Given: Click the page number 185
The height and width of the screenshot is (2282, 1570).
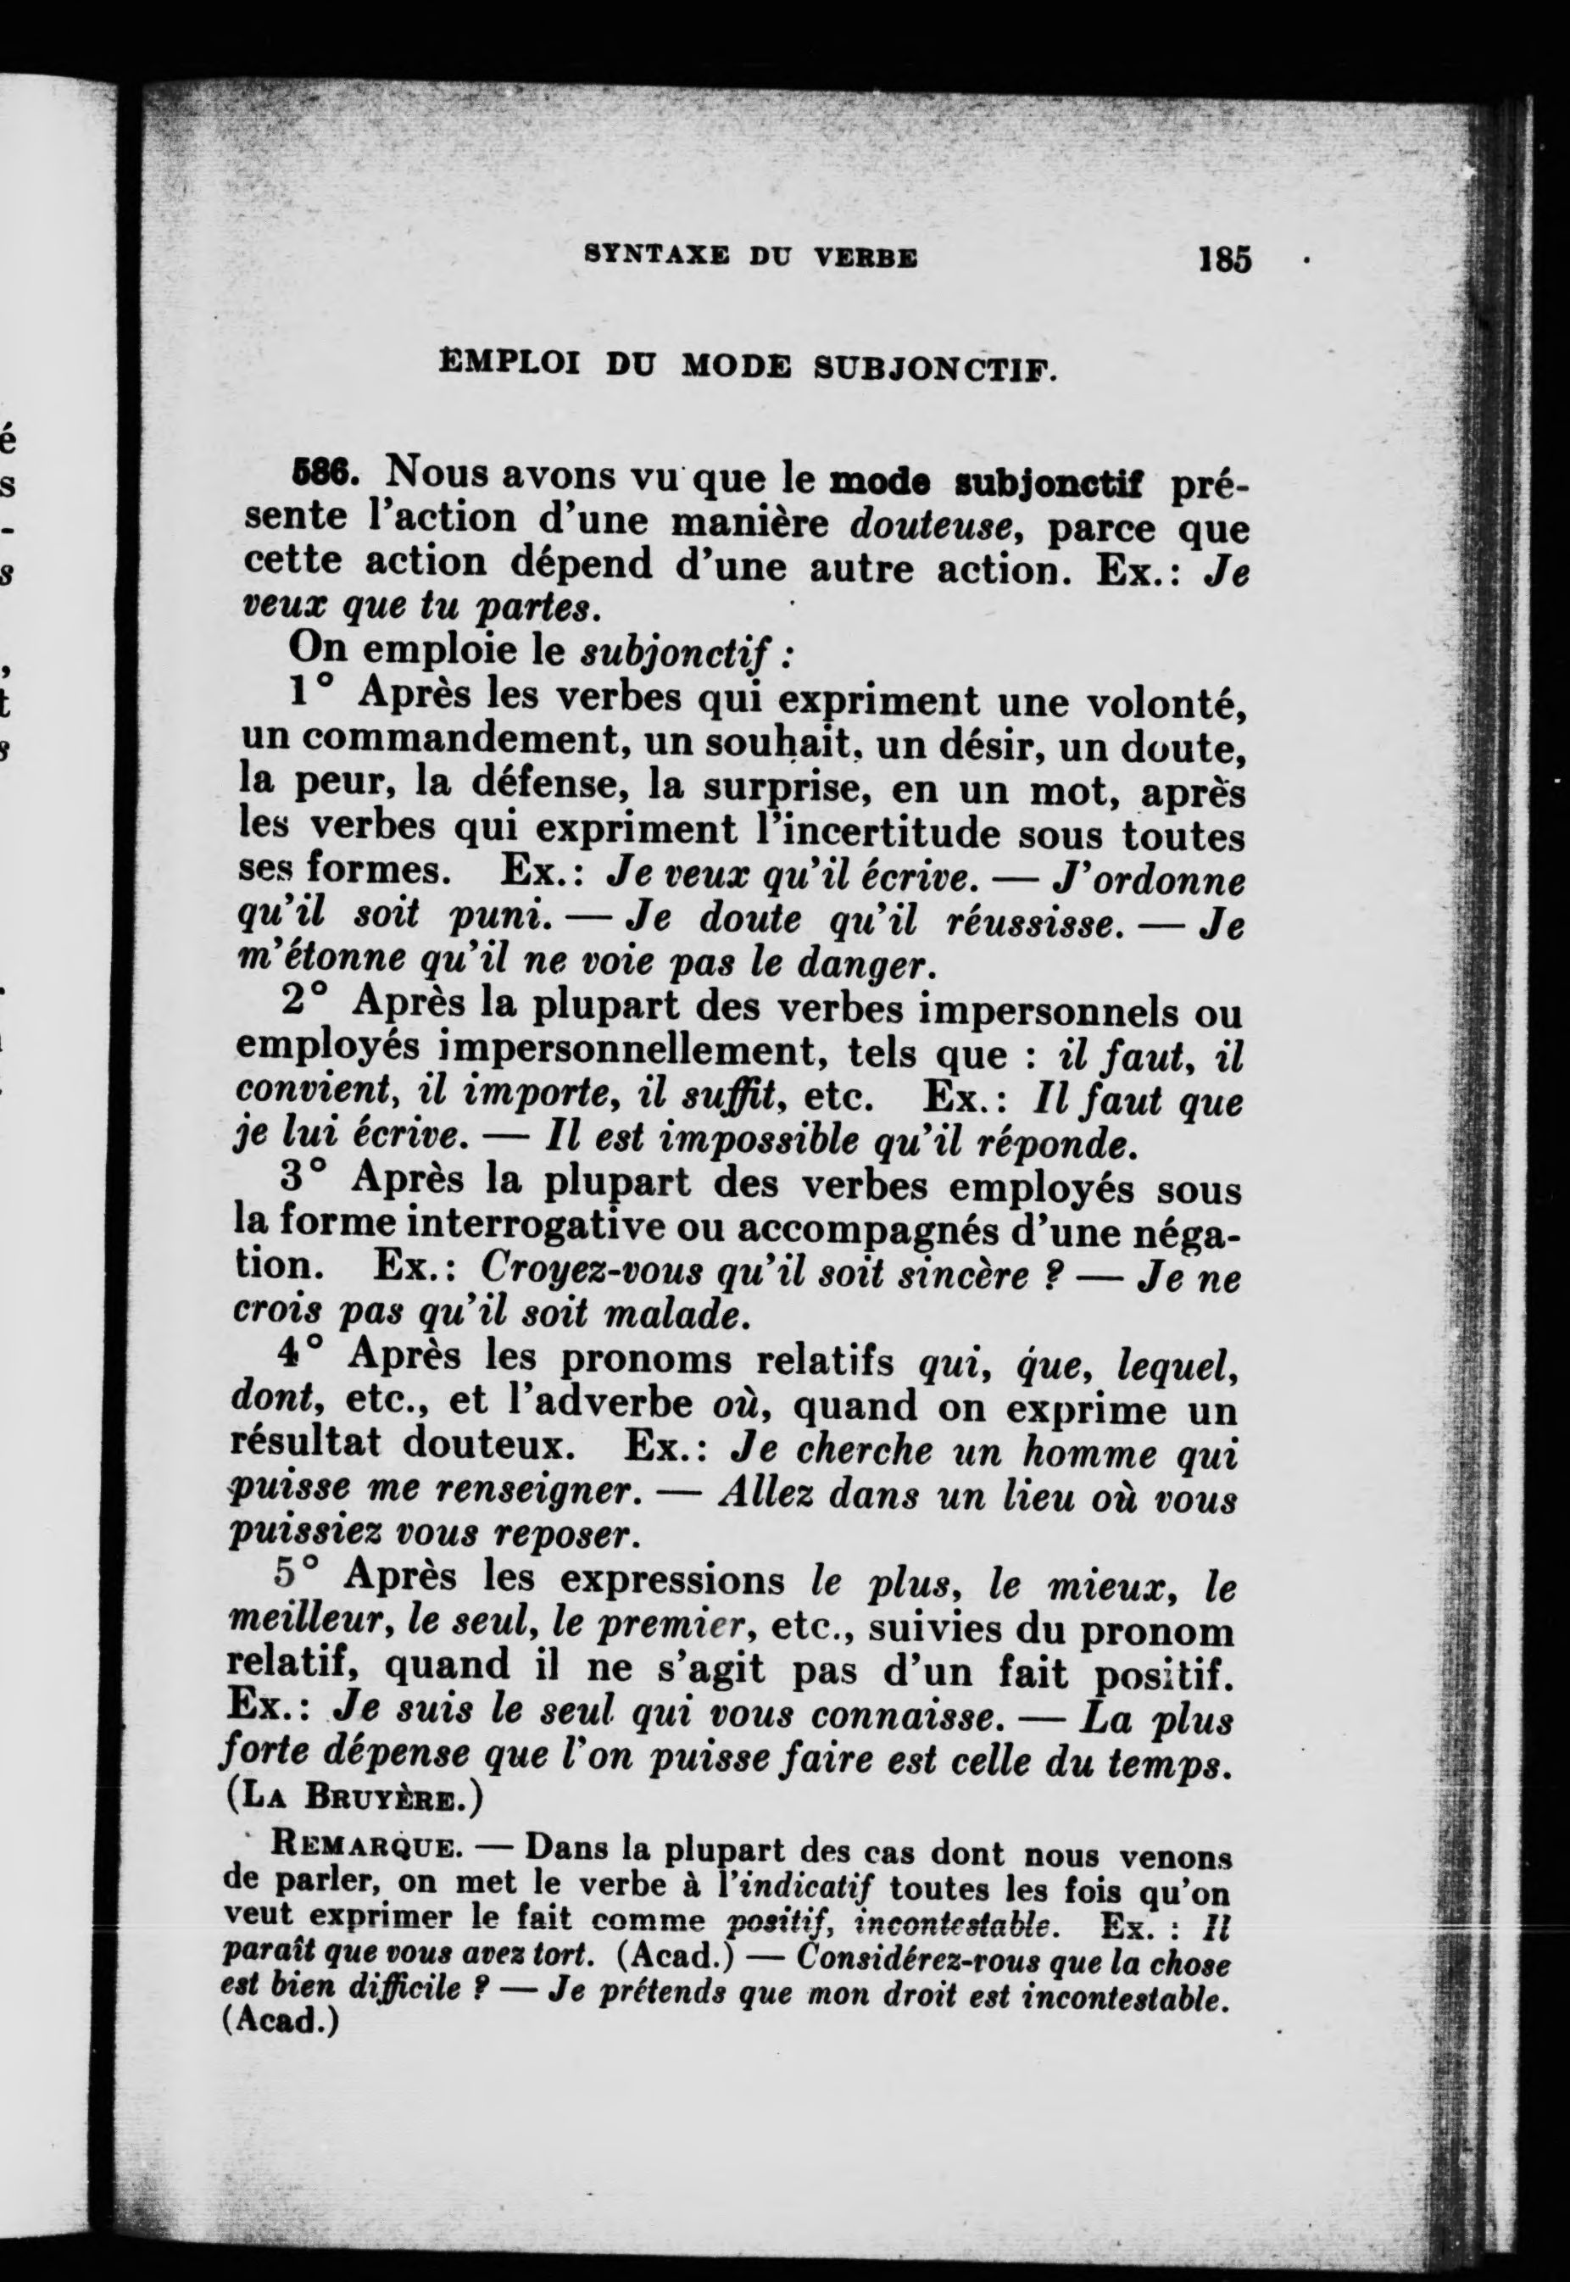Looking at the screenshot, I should pos(1224,259).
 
